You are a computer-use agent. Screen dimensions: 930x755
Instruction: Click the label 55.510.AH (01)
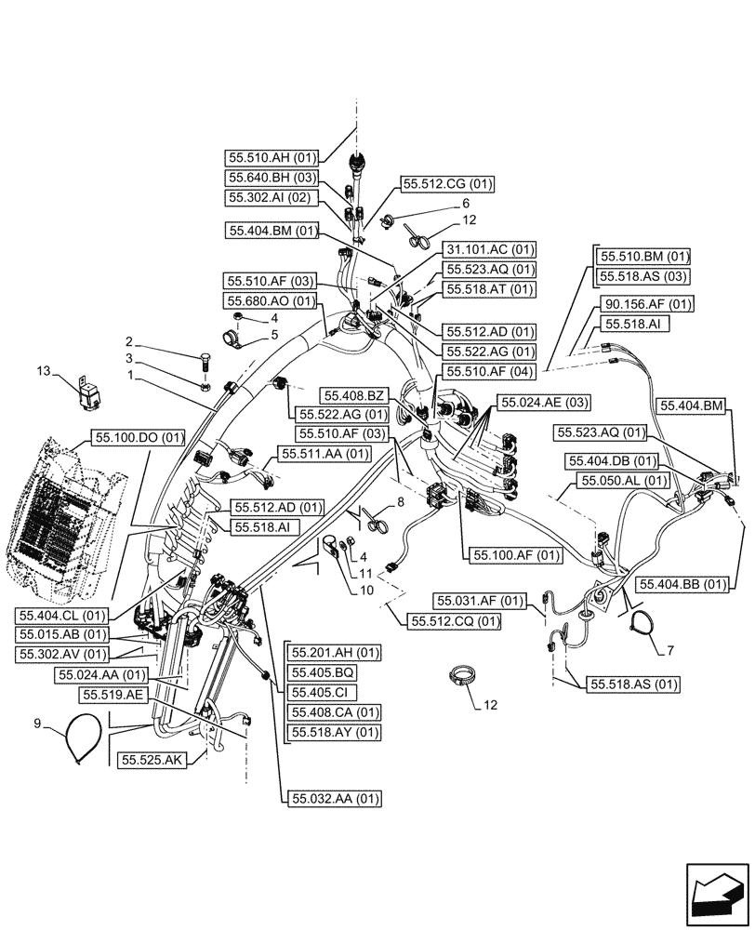271,157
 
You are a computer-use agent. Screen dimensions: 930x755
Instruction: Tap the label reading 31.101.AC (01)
491,249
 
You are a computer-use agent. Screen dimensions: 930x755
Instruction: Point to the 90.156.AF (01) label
648,304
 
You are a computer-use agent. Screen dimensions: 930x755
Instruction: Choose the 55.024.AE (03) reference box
546,401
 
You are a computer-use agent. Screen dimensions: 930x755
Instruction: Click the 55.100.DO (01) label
139,437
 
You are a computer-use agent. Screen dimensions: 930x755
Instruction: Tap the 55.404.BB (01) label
681,583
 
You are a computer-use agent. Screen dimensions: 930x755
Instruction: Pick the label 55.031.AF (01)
483,600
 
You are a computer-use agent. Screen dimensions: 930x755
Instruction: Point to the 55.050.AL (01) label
621,481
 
